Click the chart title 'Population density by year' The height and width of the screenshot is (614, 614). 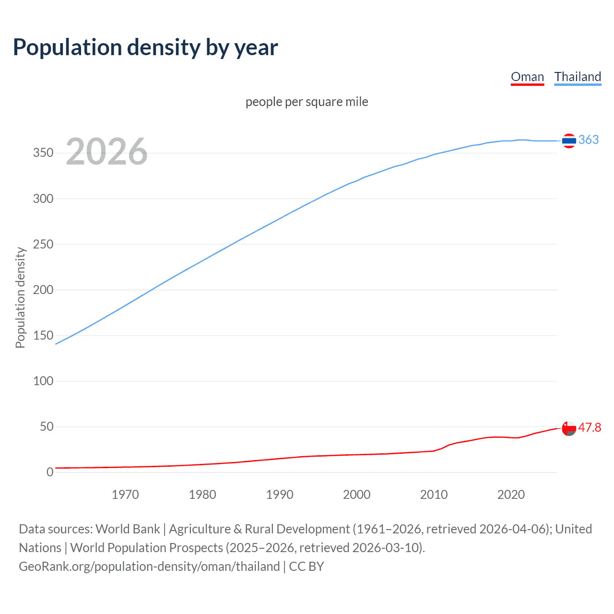coord(145,47)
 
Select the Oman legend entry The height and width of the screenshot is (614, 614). coord(527,77)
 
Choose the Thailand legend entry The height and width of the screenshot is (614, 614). coord(578,77)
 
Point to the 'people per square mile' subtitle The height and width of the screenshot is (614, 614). coord(307,102)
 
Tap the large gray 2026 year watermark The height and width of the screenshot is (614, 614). coord(106,152)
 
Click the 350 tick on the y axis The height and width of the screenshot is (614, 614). coord(43,153)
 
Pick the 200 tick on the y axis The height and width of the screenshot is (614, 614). coord(43,290)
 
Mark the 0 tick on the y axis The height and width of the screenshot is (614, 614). coord(50,472)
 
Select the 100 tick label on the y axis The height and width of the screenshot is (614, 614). coord(43,381)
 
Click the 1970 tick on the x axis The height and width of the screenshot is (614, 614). coord(125,495)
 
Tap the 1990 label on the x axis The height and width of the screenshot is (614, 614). coord(280,495)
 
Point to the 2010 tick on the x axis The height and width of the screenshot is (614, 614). coord(434,495)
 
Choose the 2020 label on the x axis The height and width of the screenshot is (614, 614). coord(511,495)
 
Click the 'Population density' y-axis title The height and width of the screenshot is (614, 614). coord(20,297)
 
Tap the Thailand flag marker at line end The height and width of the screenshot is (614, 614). coord(569,141)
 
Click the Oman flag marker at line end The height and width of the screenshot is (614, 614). coord(569,428)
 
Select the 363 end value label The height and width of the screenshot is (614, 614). coord(589,140)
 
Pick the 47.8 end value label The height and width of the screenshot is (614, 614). coord(590,427)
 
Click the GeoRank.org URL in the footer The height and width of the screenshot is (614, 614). coord(149,567)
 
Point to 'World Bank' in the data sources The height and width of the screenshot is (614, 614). coord(128,529)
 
